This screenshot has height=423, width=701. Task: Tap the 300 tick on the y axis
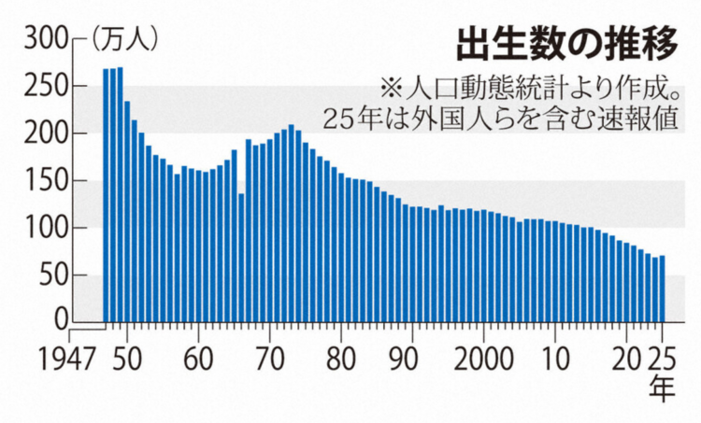point(46,39)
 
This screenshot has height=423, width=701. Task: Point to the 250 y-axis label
point(46,86)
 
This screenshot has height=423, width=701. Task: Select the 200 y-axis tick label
point(46,134)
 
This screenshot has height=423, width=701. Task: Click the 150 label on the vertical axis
point(46,180)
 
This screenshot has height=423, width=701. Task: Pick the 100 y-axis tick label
point(46,228)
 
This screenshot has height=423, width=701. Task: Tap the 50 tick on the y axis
point(54,275)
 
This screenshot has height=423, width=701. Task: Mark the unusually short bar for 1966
point(241,258)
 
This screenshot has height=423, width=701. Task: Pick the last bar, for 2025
point(663,289)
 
